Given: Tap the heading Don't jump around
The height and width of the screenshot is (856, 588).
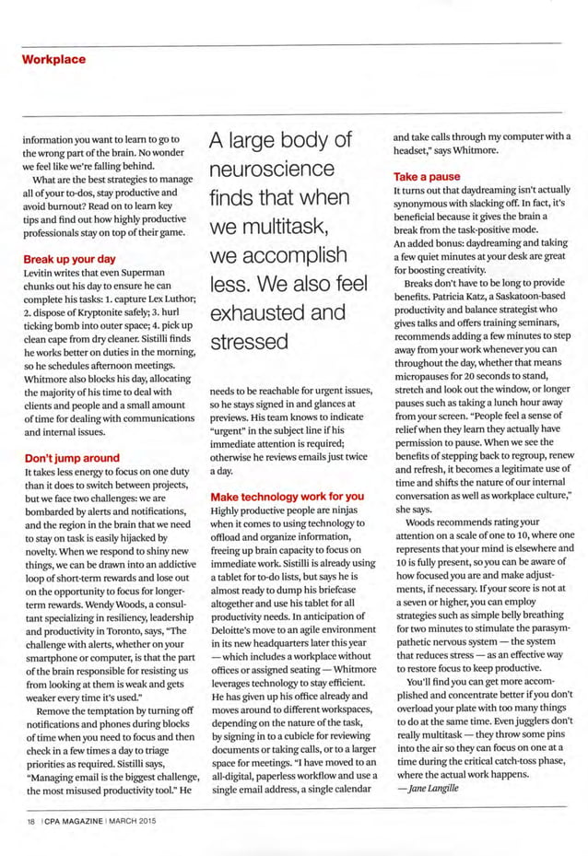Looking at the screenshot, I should (x=71, y=458).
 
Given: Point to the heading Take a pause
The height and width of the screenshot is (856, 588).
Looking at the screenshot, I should (x=421, y=176).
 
